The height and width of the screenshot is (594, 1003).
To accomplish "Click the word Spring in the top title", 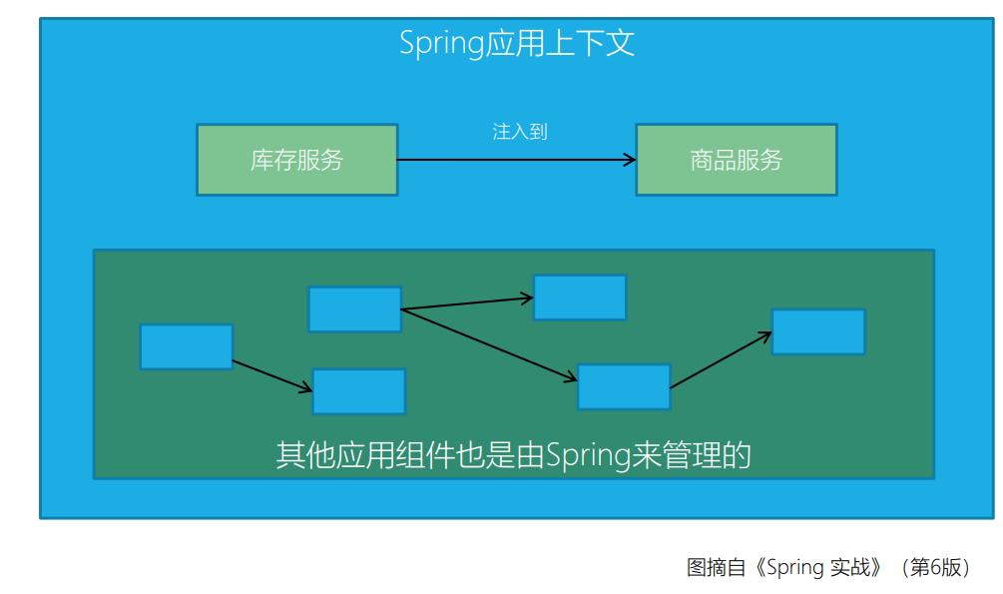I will (441, 45).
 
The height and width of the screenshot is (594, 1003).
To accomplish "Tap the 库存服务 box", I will (297, 160).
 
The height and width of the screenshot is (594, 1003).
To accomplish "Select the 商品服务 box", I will (737, 160).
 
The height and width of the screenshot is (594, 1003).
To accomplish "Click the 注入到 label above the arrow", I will (520, 132).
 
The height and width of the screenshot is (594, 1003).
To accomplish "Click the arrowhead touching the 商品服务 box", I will (630, 160).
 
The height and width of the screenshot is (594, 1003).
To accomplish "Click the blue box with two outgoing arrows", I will (354, 309).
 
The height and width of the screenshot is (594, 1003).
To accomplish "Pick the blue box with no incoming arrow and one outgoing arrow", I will (187, 346).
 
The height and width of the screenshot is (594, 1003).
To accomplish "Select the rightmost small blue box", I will (818, 331).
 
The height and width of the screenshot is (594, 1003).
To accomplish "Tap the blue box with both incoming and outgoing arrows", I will (624, 386).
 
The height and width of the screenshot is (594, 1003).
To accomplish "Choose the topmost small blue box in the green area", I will (580, 297).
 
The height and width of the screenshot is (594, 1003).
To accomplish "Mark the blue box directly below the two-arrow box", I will (358, 391).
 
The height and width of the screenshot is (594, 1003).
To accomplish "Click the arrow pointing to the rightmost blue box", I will (721, 359).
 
